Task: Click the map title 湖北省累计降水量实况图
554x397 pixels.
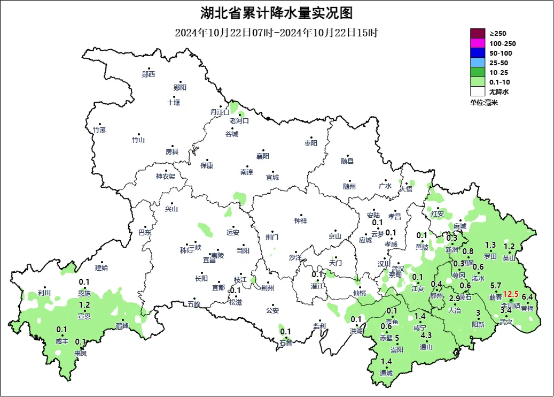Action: coord(276,12)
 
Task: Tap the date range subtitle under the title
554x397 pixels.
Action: coord(276,33)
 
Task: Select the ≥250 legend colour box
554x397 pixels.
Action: coord(477,33)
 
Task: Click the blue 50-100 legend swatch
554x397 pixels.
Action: coord(477,53)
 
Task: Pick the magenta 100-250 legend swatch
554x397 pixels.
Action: coord(477,43)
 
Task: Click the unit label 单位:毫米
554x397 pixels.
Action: coord(483,102)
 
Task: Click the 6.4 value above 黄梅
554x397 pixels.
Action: coord(527,297)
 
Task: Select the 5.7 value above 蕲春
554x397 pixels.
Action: coord(495,286)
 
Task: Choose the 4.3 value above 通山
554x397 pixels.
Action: coord(426,335)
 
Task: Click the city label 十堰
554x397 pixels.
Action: coord(174,102)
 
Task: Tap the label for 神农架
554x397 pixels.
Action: coord(165,177)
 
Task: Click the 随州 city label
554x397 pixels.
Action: coord(349,186)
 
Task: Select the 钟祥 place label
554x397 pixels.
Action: coord(301,220)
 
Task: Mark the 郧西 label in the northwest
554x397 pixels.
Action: coord(148,74)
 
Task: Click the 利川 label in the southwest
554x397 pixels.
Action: coord(44,293)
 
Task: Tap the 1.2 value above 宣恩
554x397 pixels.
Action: coord(84,305)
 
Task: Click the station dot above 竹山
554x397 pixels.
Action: coord(139,134)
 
